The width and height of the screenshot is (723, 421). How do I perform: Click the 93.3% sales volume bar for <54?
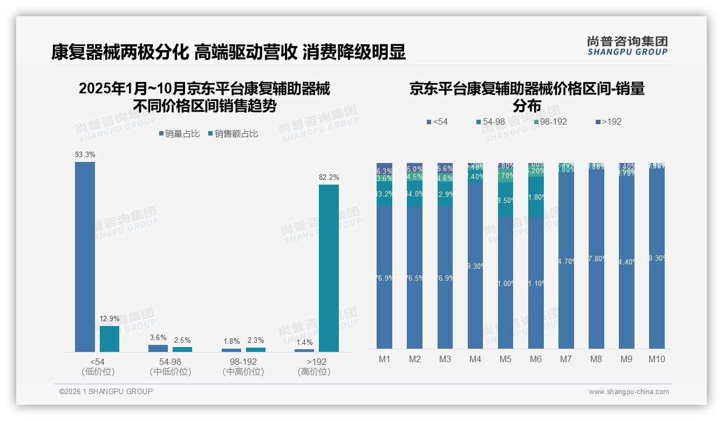(85, 257)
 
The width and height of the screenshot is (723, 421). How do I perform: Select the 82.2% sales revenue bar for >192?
(329, 268)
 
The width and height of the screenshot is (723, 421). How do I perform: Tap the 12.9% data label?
(110, 318)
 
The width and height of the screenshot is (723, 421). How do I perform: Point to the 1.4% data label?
(304, 342)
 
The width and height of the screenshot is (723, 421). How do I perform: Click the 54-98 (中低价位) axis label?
(170, 366)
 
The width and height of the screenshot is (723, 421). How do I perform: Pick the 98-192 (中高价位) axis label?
(243, 366)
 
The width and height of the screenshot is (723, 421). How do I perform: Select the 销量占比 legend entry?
(180, 134)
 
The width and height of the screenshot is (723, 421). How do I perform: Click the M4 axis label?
(475, 359)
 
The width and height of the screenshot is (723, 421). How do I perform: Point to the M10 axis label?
(656, 359)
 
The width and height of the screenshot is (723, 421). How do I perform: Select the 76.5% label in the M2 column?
(415, 278)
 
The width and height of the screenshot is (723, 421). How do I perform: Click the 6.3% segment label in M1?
(385, 171)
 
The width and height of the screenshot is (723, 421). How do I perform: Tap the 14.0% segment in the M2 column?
(415, 194)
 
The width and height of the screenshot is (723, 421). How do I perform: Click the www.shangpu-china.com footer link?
(629, 392)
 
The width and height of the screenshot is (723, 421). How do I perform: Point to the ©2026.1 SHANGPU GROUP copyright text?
(106, 391)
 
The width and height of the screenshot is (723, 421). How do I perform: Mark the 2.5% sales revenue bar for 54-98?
(182, 349)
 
